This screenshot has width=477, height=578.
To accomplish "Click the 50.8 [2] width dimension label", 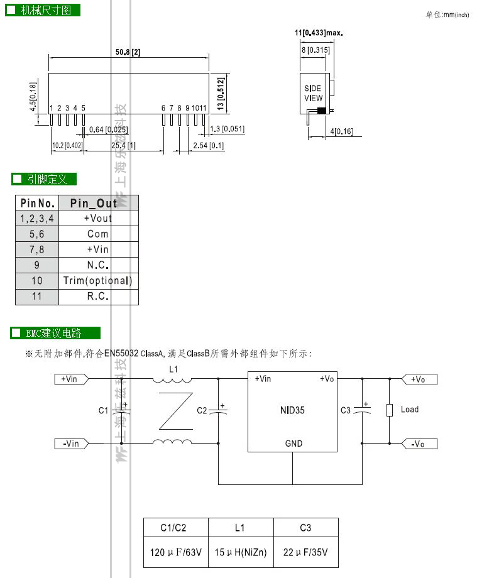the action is coord(128,52).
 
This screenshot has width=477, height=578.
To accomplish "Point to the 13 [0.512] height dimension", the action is coord(221,94).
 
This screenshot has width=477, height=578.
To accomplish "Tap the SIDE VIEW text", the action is coord(313,93).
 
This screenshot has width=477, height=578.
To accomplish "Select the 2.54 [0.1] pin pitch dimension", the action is coord(208,146).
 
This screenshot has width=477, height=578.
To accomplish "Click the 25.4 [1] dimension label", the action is coord(123,146).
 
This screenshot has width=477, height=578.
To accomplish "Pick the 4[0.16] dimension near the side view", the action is coord(341,131).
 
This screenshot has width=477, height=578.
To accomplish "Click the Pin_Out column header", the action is coord(94,203).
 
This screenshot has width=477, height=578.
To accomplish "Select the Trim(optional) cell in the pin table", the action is coord(97,281).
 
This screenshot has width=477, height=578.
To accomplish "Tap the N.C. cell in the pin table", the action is coord(97,265).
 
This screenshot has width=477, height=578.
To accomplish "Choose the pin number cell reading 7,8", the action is coord(37,249).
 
